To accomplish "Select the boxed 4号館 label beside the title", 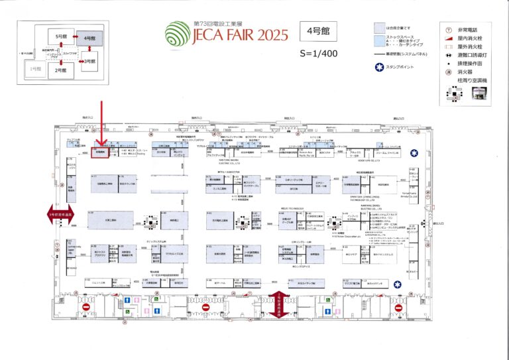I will [318, 30].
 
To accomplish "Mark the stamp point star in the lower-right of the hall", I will [398, 283].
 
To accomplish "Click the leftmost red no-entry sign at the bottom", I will [85, 308].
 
